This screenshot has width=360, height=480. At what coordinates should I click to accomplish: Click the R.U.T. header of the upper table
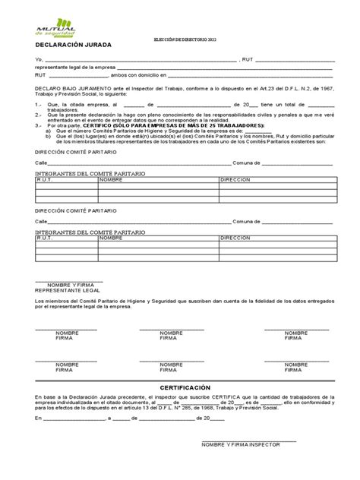pyautogui.click(x=45, y=181)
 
